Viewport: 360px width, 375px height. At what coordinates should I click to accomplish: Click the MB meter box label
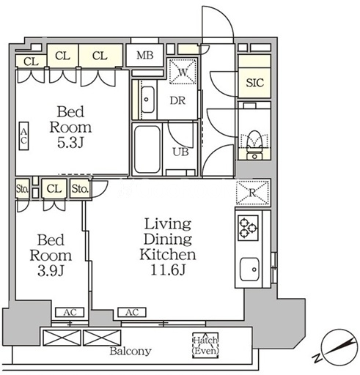(145, 56)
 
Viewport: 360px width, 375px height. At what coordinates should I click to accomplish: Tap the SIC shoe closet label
(254, 83)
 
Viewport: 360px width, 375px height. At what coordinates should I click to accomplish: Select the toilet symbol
(254, 145)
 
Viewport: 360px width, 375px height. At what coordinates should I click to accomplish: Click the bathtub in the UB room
(147, 149)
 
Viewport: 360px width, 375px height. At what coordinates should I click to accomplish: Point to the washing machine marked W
(183, 72)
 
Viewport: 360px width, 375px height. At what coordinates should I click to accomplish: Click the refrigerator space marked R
(253, 193)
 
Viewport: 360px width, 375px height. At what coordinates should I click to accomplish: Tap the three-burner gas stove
(248, 228)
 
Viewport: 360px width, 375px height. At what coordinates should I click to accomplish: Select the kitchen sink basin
(249, 270)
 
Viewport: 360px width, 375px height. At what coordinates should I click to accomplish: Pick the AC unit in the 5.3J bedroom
(23, 135)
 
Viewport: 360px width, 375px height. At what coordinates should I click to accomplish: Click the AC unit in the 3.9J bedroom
(70, 312)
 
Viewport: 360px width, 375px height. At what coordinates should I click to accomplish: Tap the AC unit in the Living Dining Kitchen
(132, 312)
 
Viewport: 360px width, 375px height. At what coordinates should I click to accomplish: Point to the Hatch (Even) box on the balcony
(205, 345)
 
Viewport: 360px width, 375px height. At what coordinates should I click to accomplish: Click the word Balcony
(131, 351)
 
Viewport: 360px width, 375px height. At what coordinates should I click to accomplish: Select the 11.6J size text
(168, 270)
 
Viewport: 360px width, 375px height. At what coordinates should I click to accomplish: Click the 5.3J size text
(70, 143)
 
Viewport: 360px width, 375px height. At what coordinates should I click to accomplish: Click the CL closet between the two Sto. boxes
(54, 188)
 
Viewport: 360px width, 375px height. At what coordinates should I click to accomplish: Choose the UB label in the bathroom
(181, 152)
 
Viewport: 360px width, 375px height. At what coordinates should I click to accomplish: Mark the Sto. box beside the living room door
(80, 188)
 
